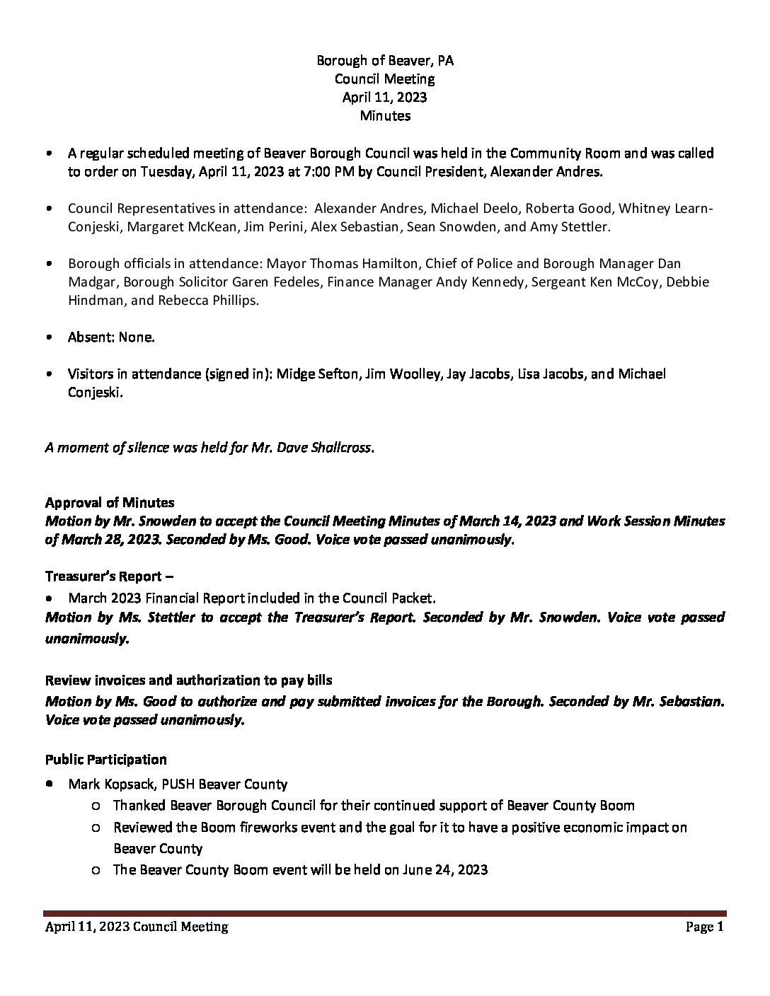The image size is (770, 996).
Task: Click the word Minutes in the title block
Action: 384,115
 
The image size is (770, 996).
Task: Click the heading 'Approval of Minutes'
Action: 110,503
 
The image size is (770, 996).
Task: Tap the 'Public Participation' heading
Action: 106,760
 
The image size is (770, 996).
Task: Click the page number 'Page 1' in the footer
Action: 705,927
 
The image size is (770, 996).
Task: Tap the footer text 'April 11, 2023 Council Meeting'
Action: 137,927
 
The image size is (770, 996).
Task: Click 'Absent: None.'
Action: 111,337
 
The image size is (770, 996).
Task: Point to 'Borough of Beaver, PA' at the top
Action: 384,61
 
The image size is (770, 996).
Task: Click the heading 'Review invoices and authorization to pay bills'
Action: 189,681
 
